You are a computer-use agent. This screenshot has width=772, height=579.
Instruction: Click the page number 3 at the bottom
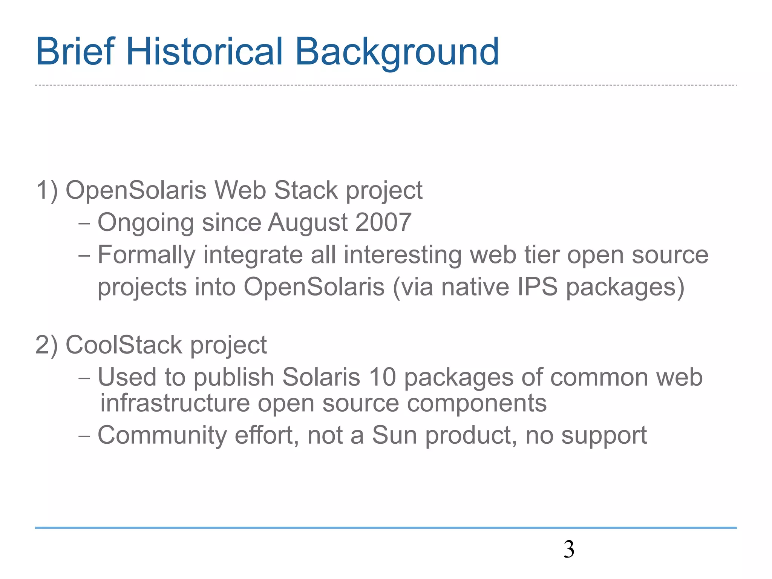click(x=569, y=549)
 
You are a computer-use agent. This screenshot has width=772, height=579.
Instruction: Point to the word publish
click(x=234, y=378)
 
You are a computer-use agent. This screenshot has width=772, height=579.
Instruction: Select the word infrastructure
click(x=175, y=403)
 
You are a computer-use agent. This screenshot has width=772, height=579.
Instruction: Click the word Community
click(x=162, y=436)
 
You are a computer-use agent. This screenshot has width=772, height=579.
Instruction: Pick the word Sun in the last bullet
click(x=395, y=435)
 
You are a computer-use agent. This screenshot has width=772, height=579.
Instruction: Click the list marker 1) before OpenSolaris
click(x=47, y=190)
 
